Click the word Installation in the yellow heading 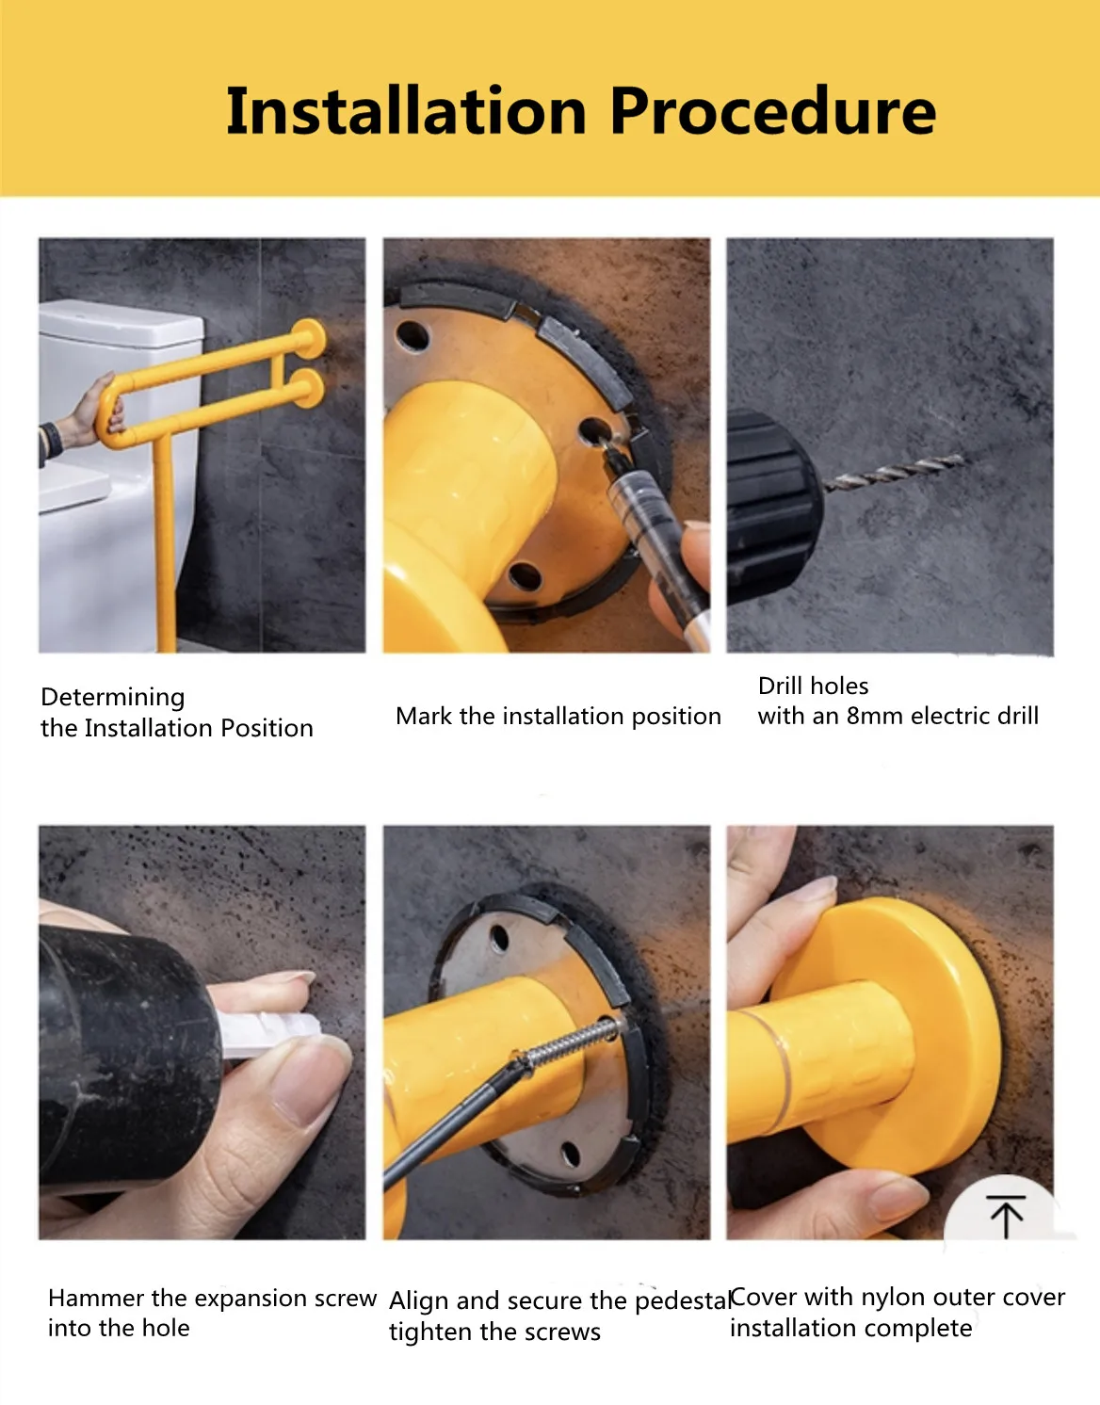406,111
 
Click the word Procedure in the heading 773,111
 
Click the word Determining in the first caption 112,697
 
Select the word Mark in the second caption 423,716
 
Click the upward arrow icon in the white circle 1006,1216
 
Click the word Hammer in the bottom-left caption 96,1298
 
